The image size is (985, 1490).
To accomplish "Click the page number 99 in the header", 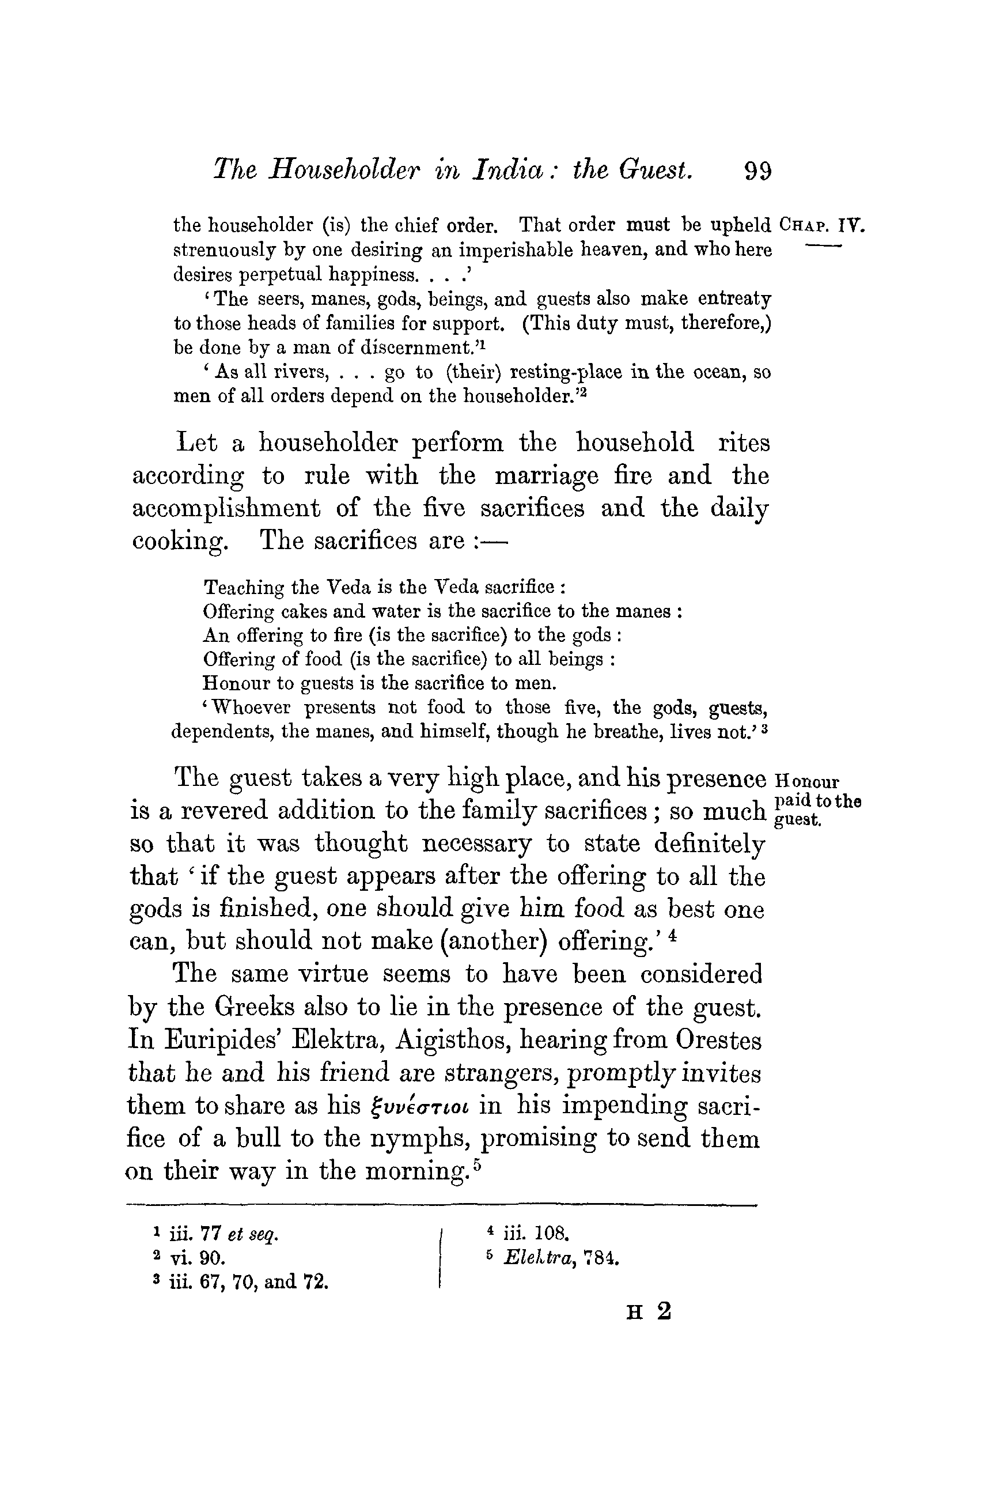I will coord(757,170).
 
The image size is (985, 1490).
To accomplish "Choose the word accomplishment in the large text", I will coord(226,508).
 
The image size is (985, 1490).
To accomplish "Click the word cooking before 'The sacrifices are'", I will coord(179,542).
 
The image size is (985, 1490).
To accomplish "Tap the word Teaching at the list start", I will coord(243,587).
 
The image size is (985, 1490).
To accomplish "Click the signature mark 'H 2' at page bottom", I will coord(648,1311).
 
